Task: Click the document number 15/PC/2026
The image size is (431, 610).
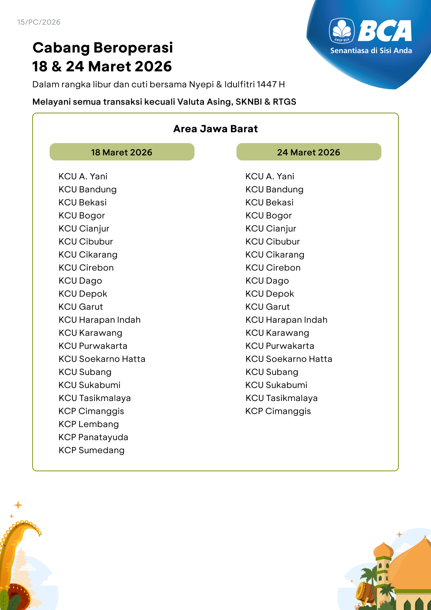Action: (x=39, y=22)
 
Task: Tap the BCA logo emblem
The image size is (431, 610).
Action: (x=342, y=31)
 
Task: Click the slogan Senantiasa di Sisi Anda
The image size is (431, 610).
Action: (x=371, y=51)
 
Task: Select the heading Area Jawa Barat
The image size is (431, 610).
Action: (x=215, y=129)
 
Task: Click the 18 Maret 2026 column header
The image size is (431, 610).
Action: (x=122, y=152)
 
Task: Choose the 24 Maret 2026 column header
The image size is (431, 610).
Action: (x=309, y=152)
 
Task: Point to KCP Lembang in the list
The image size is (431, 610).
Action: (x=89, y=424)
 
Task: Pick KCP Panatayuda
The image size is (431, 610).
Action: (x=93, y=437)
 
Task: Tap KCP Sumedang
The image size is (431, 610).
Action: (x=92, y=450)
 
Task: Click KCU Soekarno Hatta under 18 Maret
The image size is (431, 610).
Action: (x=102, y=359)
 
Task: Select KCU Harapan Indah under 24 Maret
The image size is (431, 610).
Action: (x=286, y=320)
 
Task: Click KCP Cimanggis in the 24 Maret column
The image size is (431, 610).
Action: (x=278, y=411)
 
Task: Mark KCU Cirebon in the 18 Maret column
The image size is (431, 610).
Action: (x=86, y=268)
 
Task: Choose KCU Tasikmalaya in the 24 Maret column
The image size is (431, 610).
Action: (x=281, y=398)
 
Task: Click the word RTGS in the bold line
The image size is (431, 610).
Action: (x=284, y=102)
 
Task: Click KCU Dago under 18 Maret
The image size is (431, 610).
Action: (x=80, y=281)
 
